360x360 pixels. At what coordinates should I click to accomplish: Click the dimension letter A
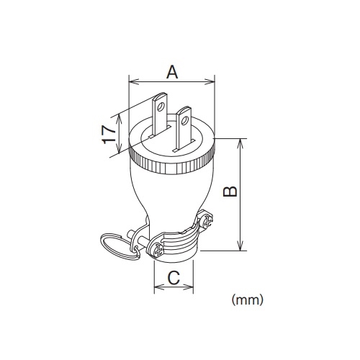[172, 72]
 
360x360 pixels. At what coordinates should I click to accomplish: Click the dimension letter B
[230, 192]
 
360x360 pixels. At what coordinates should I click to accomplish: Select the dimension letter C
[174, 278]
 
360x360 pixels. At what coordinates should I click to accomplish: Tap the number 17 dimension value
[109, 135]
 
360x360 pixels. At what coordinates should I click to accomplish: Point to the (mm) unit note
[247, 300]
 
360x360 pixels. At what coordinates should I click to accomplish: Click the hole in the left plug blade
[161, 107]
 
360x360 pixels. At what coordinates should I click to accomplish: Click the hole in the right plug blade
[185, 120]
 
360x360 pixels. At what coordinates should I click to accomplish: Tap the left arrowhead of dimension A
[134, 82]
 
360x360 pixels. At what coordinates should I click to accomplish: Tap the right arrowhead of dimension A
[210, 82]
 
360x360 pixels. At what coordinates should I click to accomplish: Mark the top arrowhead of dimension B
[240, 143]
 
